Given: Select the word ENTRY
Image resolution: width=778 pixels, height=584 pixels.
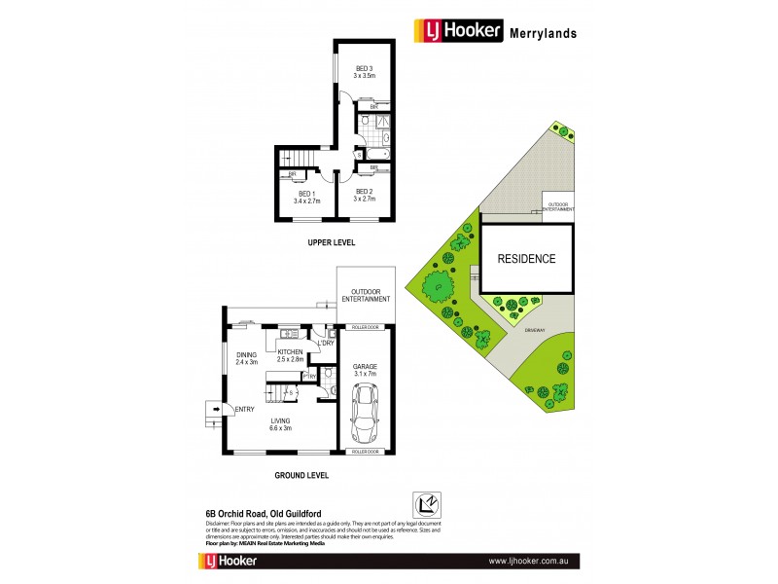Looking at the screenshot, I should [x=244, y=409].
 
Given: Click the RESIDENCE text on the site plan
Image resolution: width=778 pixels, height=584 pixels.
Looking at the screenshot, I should [x=526, y=259].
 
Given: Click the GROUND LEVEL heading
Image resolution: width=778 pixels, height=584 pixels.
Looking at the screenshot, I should [x=301, y=476].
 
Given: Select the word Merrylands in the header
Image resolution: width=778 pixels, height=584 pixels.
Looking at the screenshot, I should [x=543, y=33].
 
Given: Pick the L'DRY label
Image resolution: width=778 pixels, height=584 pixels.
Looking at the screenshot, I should [x=326, y=343].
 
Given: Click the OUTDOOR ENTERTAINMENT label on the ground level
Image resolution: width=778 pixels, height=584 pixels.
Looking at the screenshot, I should [x=366, y=295].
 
